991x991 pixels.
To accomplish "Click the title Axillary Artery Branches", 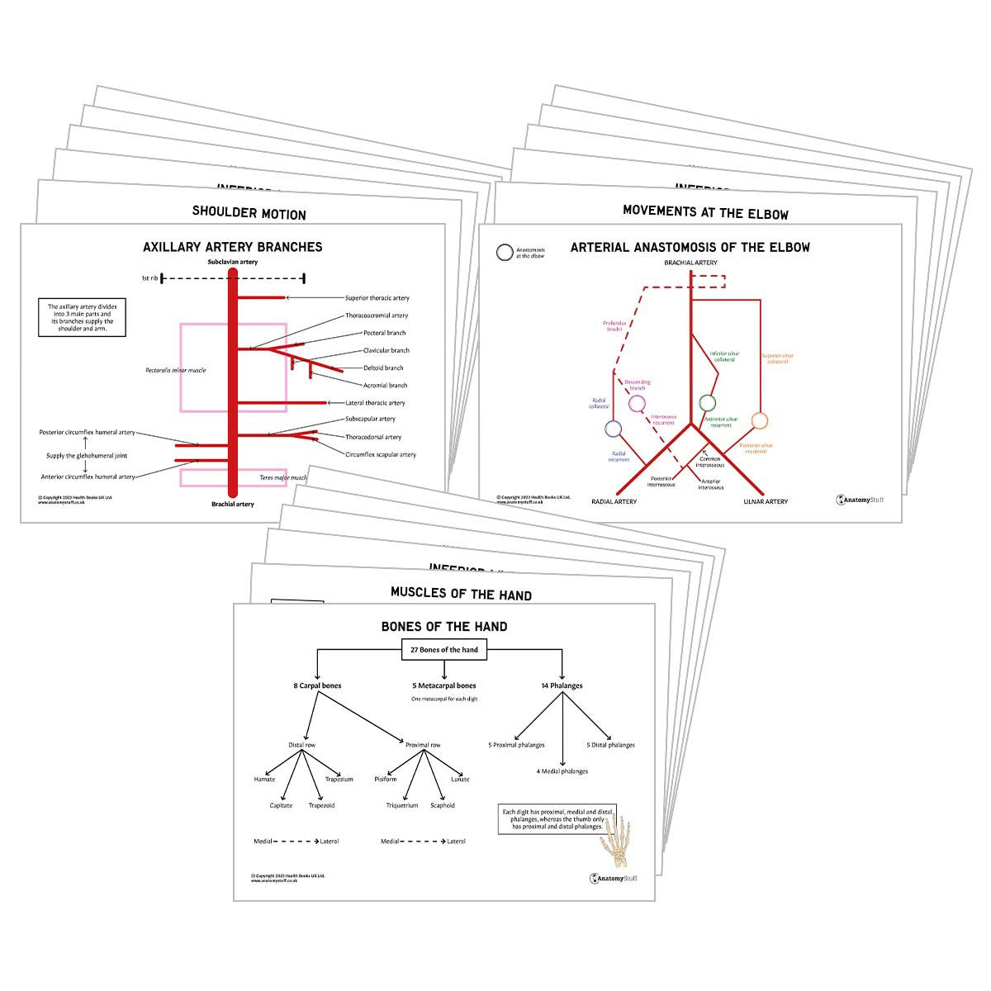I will (x=232, y=247).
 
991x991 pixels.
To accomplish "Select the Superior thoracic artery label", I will (x=377, y=298).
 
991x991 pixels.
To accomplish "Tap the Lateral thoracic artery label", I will (x=375, y=403).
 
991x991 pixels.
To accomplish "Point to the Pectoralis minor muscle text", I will (x=175, y=370).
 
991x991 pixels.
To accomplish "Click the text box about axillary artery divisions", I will (x=82, y=318).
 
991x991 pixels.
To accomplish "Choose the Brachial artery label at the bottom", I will (x=233, y=504).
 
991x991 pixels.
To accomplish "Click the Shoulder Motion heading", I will (x=249, y=212).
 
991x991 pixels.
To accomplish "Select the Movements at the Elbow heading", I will (x=705, y=211).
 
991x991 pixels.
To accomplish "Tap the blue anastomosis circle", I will (x=613, y=429).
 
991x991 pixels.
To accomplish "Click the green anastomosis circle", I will (x=707, y=403).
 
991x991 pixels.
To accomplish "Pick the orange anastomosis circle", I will (x=760, y=421).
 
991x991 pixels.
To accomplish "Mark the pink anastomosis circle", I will (x=637, y=404).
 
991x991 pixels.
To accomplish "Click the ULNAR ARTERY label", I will (x=766, y=501).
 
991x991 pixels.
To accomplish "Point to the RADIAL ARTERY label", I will (x=614, y=501).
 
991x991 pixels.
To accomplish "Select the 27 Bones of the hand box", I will (x=444, y=650).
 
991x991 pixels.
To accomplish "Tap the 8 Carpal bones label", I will (x=317, y=685).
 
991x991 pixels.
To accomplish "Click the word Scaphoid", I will (x=443, y=805).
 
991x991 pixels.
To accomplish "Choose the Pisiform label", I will (x=386, y=779).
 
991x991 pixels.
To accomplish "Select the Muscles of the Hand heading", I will (x=461, y=594).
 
